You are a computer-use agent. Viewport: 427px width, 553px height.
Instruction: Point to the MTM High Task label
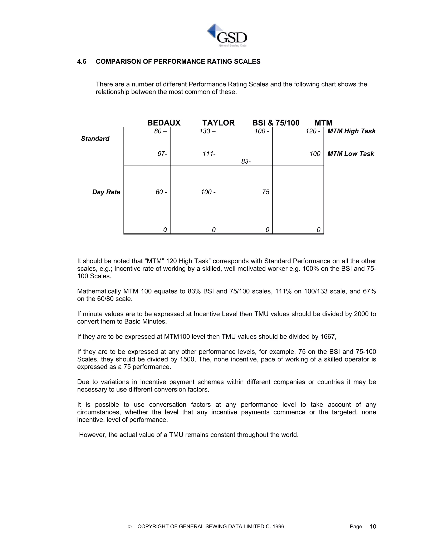[351, 131]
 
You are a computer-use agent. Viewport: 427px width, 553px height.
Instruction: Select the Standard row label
[95, 139]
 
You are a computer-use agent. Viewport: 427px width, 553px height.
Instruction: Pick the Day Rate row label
[106, 192]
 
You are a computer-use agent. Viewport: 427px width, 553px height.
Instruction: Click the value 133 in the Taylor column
[205, 131]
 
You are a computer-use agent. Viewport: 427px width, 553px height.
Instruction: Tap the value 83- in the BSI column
[246, 162]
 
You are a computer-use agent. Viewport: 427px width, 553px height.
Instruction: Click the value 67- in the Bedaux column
[162, 154]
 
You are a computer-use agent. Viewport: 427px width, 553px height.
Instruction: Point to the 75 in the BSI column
[266, 192]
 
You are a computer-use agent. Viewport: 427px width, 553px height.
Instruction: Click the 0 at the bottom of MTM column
[319, 230]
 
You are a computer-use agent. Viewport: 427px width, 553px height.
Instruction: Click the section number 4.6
[82, 62]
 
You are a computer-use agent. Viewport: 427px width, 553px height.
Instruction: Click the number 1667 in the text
[328, 337]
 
